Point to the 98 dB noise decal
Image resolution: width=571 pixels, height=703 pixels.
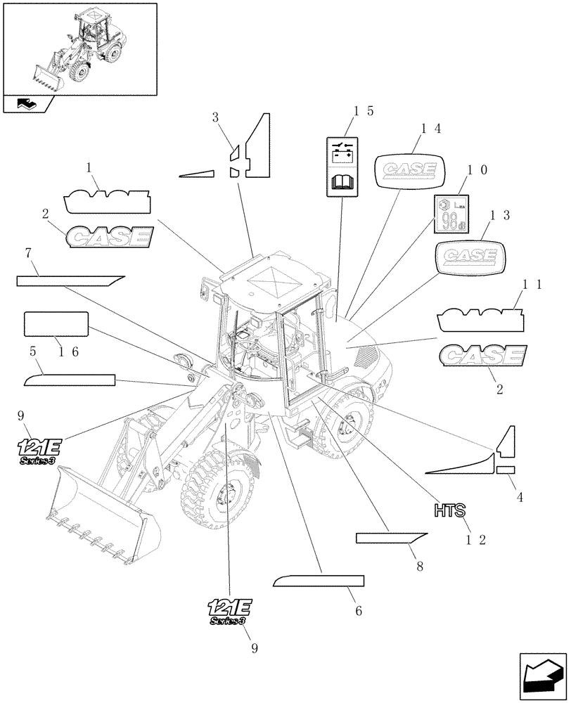(x=449, y=214)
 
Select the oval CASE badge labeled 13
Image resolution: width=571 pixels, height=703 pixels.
(x=470, y=255)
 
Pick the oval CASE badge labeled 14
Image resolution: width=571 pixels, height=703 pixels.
(x=409, y=170)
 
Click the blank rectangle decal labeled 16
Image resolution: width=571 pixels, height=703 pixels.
(x=56, y=324)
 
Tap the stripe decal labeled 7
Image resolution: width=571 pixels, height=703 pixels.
(x=70, y=280)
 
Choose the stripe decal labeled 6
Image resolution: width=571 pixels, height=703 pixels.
(x=319, y=581)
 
